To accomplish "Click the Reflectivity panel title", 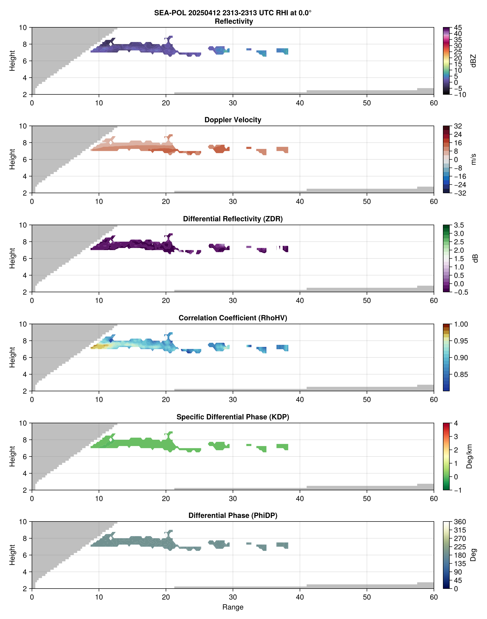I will [x=233, y=21].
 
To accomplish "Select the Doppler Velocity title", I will [x=233, y=120].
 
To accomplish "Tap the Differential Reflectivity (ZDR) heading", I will [x=233, y=219].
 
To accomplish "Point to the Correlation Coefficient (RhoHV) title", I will [x=233, y=318].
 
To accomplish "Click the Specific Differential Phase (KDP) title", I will [x=233, y=417].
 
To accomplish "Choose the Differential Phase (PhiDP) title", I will [x=233, y=515].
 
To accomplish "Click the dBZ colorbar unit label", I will [x=473, y=61].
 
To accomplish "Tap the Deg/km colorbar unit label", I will [x=469, y=456].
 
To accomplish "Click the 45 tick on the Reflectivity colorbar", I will [x=458, y=28].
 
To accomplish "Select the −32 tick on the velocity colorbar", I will [x=460, y=193].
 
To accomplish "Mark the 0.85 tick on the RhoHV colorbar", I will [x=461, y=374].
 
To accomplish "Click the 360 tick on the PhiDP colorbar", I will [x=460, y=522].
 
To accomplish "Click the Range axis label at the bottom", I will [x=233, y=607].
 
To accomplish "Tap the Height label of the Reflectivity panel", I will [x=12, y=61].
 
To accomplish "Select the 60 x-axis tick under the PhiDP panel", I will [x=433, y=597].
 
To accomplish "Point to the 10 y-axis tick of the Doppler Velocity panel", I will [x=23, y=126].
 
